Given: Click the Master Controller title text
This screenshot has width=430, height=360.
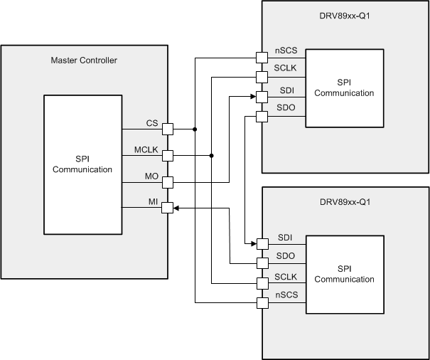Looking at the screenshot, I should pyautogui.click(x=84, y=60).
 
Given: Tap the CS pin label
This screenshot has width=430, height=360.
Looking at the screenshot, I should pyautogui.click(x=152, y=123).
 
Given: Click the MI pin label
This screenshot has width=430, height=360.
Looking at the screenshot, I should pyautogui.click(x=153, y=202).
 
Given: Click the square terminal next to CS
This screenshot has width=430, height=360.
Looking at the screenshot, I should pyautogui.click(x=168, y=129).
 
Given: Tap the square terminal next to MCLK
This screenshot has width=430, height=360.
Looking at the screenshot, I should pyautogui.click(x=168, y=155).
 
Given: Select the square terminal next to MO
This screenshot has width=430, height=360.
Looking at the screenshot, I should pyautogui.click(x=168, y=181).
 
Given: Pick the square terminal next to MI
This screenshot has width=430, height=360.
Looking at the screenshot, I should pyautogui.click(x=168, y=208).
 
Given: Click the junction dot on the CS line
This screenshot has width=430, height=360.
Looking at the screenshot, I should pyautogui.click(x=195, y=129).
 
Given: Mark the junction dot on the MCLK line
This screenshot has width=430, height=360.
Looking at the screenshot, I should pyautogui.click(x=212, y=155).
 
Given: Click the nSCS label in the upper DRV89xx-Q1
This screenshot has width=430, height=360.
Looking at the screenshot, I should pyautogui.click(x=286, y=52).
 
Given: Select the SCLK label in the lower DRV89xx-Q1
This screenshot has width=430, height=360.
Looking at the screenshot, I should pyautogui.click(x=286, y=276).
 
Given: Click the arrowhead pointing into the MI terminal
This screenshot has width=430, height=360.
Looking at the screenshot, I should pyautogui.click(x=177, y=208).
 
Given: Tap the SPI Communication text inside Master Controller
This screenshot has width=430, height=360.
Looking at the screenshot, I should pyautogui.click(x=82, y=164).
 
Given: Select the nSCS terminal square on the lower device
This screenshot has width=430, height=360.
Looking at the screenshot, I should pyautogui.click(x=261, y=303).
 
